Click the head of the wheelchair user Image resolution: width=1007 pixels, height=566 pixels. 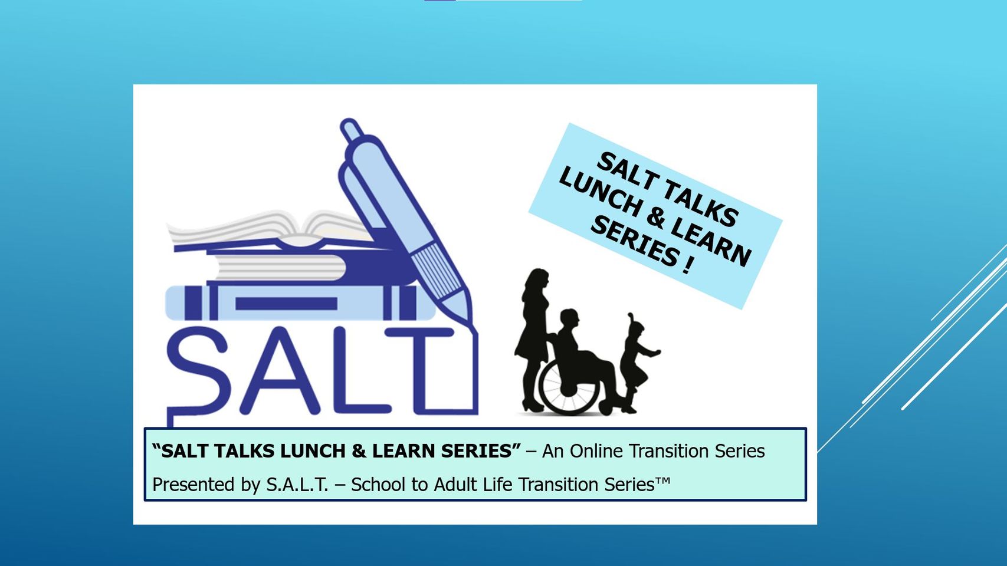point(570,320)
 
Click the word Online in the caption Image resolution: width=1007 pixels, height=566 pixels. point(596,451)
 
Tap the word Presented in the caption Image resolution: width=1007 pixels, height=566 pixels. point(193,485)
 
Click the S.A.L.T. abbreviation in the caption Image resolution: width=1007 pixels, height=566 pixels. point(297,485)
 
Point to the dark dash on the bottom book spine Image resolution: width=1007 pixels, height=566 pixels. point(286,304)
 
